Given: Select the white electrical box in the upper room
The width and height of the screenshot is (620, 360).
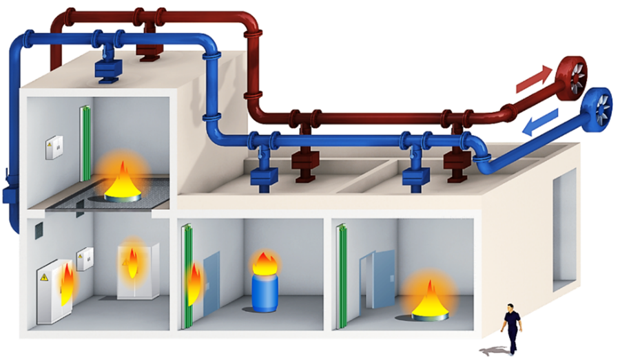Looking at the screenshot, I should (53, 147).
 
